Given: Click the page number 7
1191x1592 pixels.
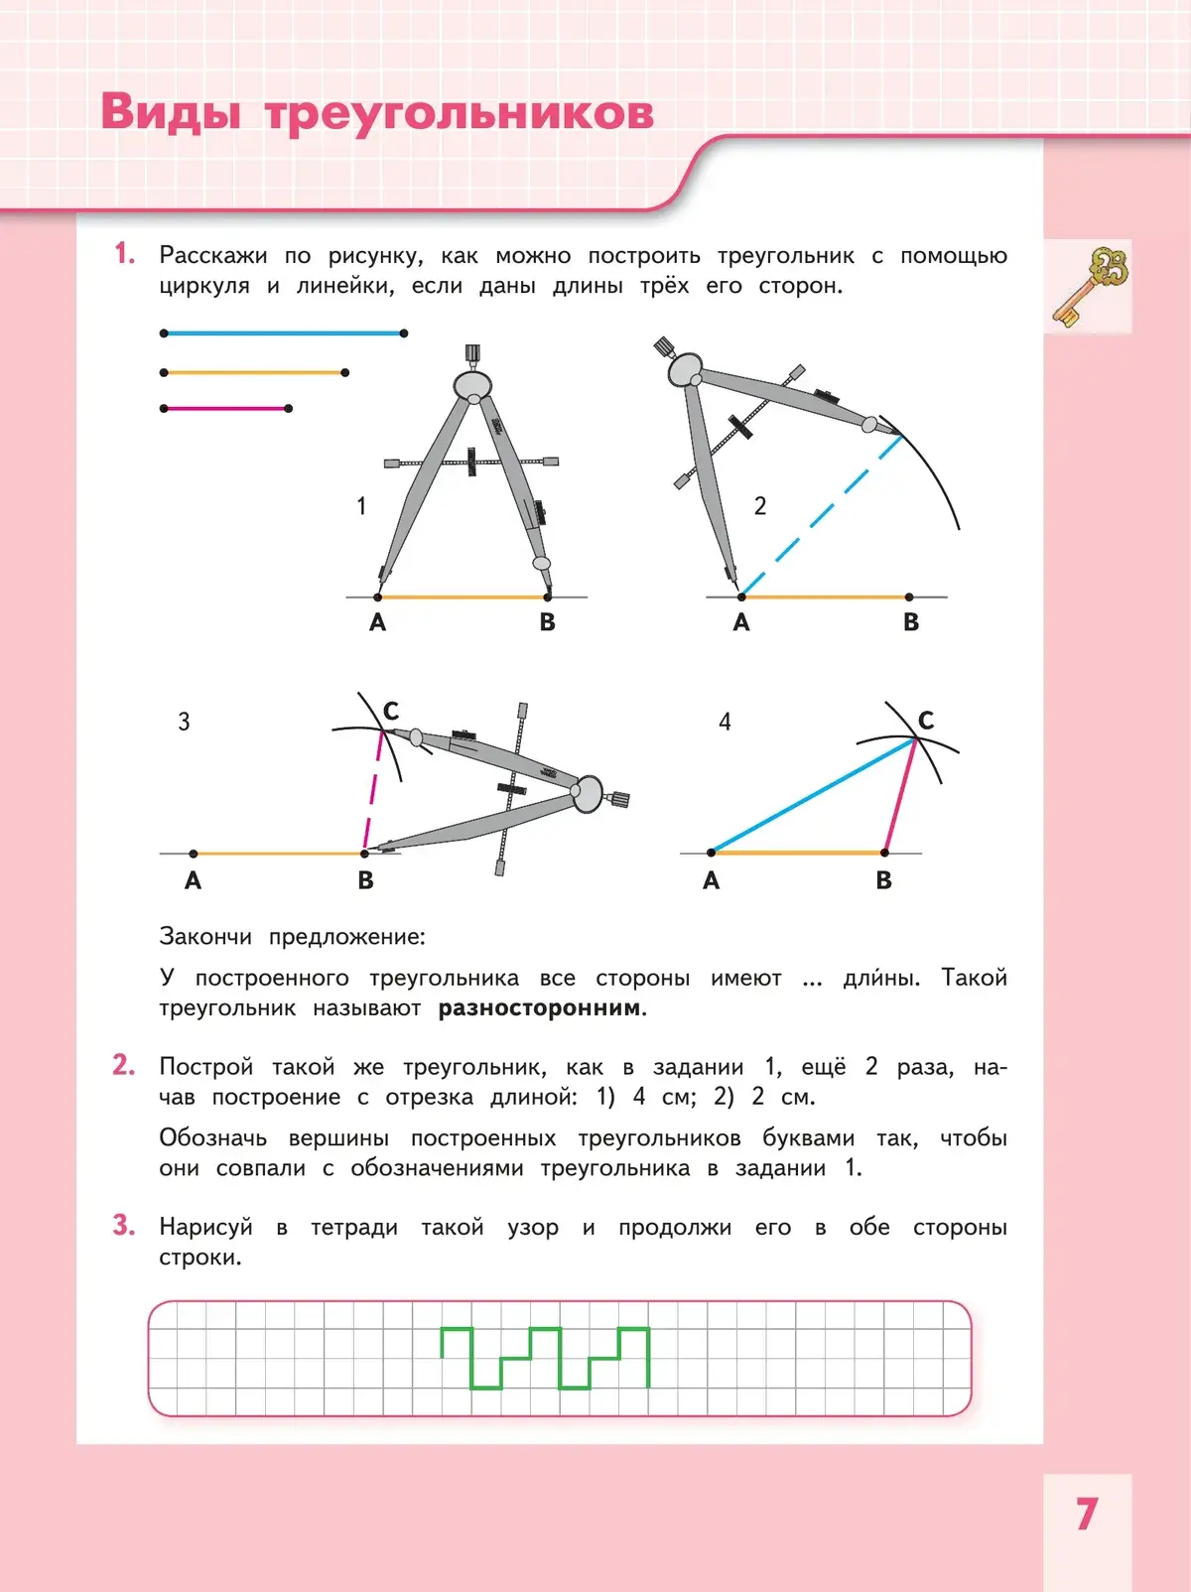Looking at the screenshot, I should (x=1087, y=1515).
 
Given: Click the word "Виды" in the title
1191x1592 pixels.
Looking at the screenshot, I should (x=171, y=112).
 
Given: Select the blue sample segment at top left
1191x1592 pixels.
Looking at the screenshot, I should (x=284, y=333).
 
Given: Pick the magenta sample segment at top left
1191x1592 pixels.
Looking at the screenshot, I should (x=226, y=408).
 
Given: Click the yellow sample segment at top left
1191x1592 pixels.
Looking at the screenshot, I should (x=254, y=372).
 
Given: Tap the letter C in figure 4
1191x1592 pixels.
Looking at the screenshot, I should (x=926, y=721).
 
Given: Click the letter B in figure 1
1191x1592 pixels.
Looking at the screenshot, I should (x=547, y=622).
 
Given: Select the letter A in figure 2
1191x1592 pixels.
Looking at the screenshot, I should (x=741, y=622).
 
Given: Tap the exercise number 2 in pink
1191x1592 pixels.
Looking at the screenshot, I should (x=123, y=1065).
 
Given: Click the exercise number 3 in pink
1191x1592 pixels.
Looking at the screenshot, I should (x=123, y=1226).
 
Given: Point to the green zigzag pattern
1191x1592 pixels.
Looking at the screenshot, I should (x=545, y=1357).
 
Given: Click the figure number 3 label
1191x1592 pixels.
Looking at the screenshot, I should (x=184, y=722).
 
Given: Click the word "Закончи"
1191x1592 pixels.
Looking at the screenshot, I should (x=205, y=936).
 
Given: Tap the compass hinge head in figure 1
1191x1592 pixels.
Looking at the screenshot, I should (x=473, y=383).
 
